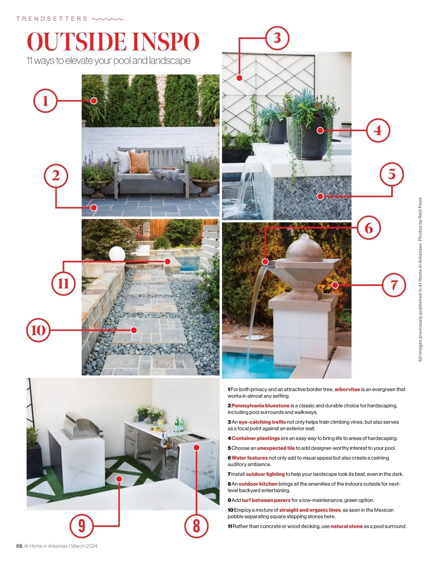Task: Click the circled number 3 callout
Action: click(277, 38)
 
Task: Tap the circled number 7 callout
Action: click(394, 285)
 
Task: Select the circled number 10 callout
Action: click(38, 330)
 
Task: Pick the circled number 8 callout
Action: click(196, 526)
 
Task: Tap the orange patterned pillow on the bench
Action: click(139, 162)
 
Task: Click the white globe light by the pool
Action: click(117, 254)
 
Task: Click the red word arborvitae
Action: click(347, 389)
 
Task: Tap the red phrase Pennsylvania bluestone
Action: click(261, 406)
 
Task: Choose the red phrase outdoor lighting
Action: click(265, 474)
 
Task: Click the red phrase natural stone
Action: click(346, 526)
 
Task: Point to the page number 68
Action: click(19, 546)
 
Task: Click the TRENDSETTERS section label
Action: click(52, 19)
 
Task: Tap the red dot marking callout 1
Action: click(94, 101)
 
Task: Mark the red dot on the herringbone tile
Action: click(320, 196)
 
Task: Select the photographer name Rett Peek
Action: click(420, 208)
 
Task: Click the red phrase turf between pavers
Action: click(266, 500)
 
